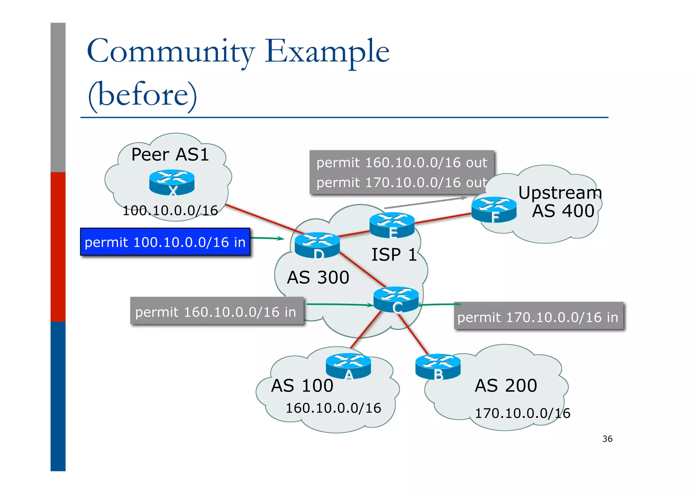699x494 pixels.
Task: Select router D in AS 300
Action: (x=317, y=245)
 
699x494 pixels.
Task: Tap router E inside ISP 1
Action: (x=392, y=225)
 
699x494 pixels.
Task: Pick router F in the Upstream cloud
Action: (x=494, y=209)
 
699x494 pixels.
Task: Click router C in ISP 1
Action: (x=396, y=299)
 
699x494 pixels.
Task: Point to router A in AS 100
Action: (x=348, y=366)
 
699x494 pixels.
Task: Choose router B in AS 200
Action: (x=438, y=366)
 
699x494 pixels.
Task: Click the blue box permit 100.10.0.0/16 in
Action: (x=165, y=242)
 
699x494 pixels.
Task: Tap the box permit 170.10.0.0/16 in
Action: (x=538, y=316)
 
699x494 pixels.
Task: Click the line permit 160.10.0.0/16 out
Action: (x=401, y=163)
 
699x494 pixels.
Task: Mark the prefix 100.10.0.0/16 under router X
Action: (x=170, y=210)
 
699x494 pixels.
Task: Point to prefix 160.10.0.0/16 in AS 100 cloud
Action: (x=333, y=408)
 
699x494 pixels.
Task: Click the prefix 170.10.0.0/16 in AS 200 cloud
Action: (x=522, y=413)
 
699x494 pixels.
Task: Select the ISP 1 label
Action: (x=394, y=255)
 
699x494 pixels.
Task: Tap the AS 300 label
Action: (x=318, y=277)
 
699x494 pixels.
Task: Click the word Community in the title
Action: (x=171, y=52)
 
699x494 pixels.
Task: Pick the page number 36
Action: (x=607, y=439)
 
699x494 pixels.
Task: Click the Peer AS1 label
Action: (x=170, y=155)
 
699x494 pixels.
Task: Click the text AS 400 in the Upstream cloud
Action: (x=563, y=211)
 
